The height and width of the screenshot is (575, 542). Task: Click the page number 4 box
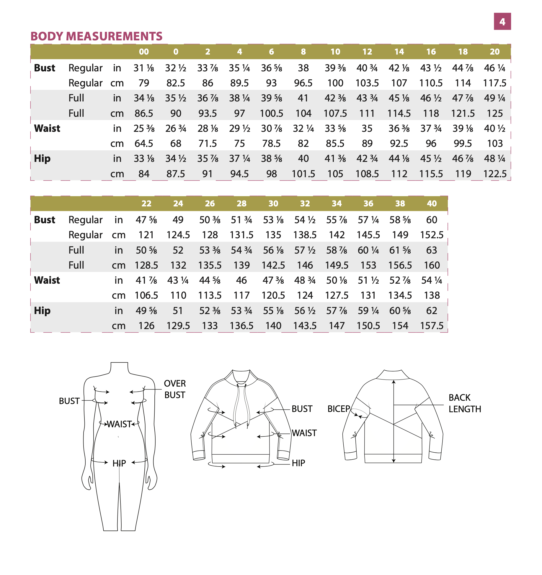[502, 22]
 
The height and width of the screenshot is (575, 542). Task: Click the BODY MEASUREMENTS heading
[97, 36]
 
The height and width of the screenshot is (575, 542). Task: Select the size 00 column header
[144, 52]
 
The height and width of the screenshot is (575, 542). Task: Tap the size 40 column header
[432, 203]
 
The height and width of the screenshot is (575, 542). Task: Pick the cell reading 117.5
[494, 83]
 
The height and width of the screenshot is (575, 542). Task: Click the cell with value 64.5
[144, 144]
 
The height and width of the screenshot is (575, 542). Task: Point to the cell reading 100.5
[271, 114]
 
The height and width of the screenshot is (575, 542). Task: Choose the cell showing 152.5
[432, 235]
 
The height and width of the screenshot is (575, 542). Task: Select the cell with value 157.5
[432, 326]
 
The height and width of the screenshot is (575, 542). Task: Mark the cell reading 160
[432, 265]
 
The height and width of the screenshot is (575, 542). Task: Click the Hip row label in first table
[42, 159]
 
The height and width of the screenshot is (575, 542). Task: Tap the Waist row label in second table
[47, 280]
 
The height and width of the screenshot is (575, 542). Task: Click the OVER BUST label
[175, 389]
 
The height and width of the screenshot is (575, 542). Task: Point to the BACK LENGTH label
[465, 403]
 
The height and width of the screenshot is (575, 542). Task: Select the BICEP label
[339, 409]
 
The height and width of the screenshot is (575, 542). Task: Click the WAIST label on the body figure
[119, 424]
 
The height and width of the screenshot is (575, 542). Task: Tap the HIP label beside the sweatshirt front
[298, 463]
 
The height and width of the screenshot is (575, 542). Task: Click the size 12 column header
[367, 52]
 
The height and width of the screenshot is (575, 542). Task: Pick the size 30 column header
[273, 203]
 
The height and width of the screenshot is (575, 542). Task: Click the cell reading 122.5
[494, 174]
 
